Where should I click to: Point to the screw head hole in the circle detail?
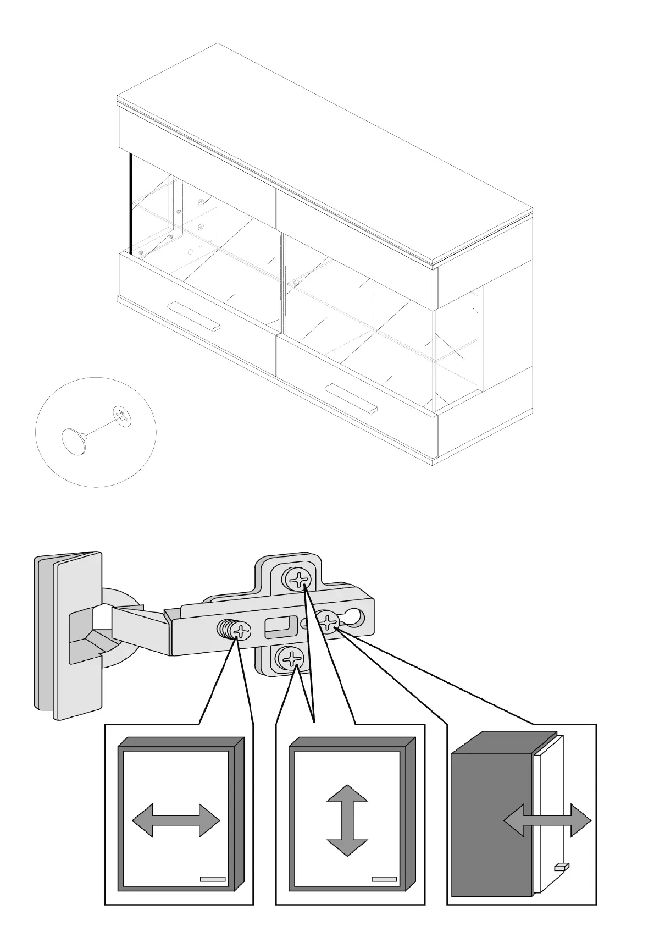tap(123, 415)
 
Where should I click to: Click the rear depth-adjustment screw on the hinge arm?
tap(328, 623)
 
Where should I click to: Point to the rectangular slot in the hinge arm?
tap(279, 627)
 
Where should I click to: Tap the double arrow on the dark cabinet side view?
tap(547, 822)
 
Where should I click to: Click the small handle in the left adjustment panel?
tap(213, 879)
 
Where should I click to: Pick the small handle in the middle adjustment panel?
tap(384, 879)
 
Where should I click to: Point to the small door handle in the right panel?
tap(562, 867)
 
